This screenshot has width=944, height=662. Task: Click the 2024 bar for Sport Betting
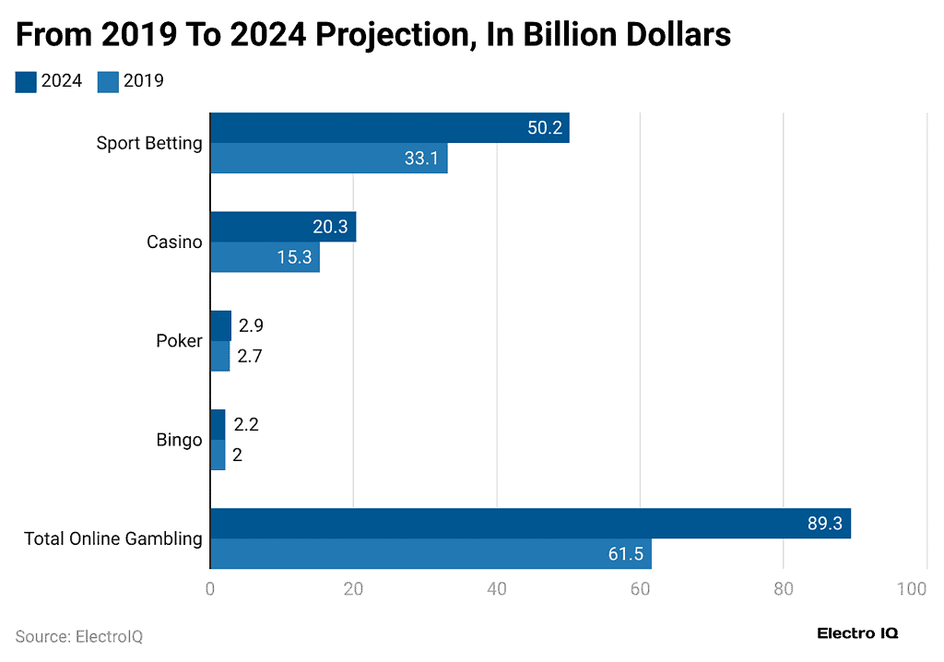389,128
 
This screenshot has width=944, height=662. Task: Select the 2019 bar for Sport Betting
328,159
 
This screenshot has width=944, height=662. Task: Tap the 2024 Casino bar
282,227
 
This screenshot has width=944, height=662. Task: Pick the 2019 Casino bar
265,257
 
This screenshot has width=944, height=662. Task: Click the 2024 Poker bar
220,325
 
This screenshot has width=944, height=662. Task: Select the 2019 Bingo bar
218,455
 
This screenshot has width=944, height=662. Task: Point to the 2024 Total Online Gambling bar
530,524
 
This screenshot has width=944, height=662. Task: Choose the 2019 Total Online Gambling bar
431,554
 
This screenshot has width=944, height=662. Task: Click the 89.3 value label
824,524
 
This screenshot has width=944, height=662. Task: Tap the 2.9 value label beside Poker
251,325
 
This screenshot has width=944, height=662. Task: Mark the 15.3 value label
294,257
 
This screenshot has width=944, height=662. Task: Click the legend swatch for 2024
26,81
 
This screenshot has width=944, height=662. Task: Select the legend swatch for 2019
108,81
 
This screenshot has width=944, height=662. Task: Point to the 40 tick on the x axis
497,589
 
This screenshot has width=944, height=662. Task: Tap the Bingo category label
179,440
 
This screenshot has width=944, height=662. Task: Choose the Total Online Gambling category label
112,539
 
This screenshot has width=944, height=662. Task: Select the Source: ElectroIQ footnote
79,636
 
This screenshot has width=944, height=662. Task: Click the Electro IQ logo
857,633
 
